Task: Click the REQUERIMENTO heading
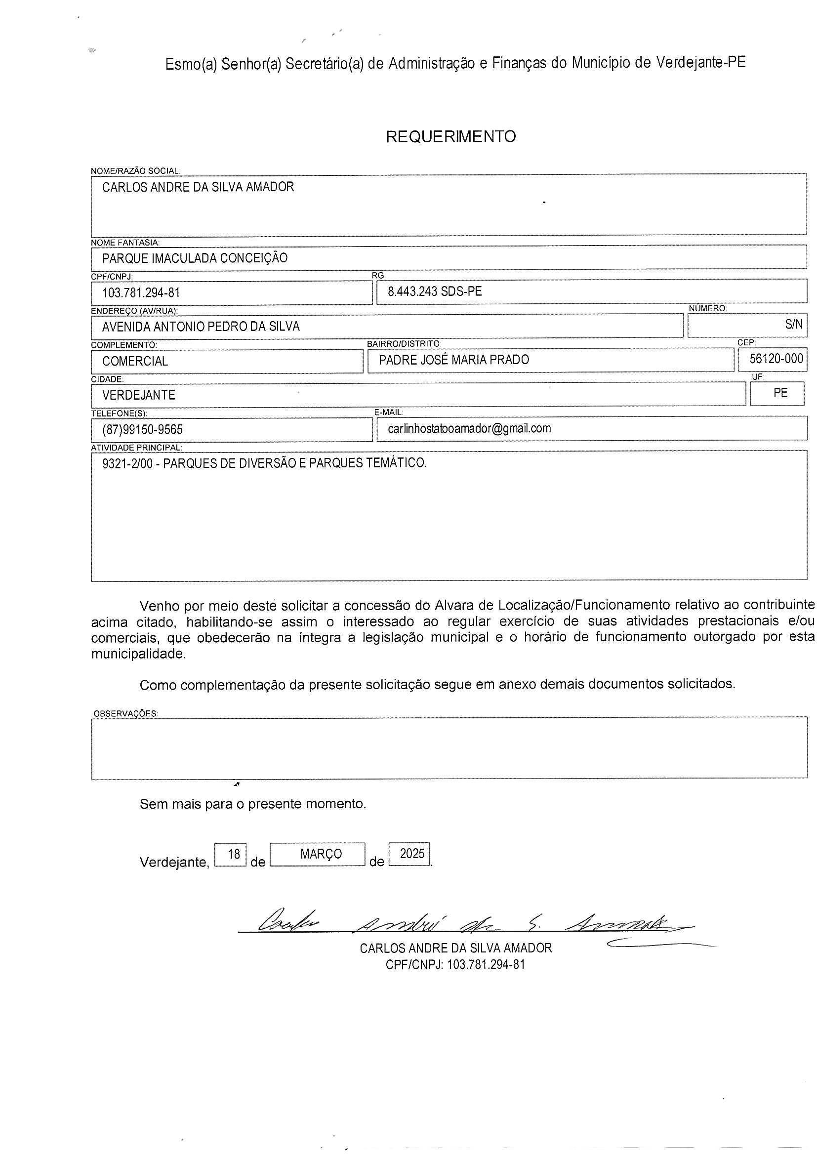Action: pos(451,137)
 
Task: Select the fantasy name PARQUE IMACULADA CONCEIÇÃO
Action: pos(195,258)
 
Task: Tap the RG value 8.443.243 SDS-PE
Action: pos(435,292)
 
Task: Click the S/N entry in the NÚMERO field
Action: pos(794,325)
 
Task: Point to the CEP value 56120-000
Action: pos(776,359)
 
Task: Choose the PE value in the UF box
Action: pos(780,393)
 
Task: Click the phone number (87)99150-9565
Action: pos(142,430)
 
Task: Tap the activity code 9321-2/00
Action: pos(127,463)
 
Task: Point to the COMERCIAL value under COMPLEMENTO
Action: pos(135,361)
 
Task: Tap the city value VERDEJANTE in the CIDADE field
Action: pos(139,395)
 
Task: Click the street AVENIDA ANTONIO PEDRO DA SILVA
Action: pos(201,327)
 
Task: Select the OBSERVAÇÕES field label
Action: pos(125,714)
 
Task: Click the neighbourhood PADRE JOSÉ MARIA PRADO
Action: pos(454,360)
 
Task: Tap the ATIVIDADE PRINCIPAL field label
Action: pos(136,448)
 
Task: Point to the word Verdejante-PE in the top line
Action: pos(701,62)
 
